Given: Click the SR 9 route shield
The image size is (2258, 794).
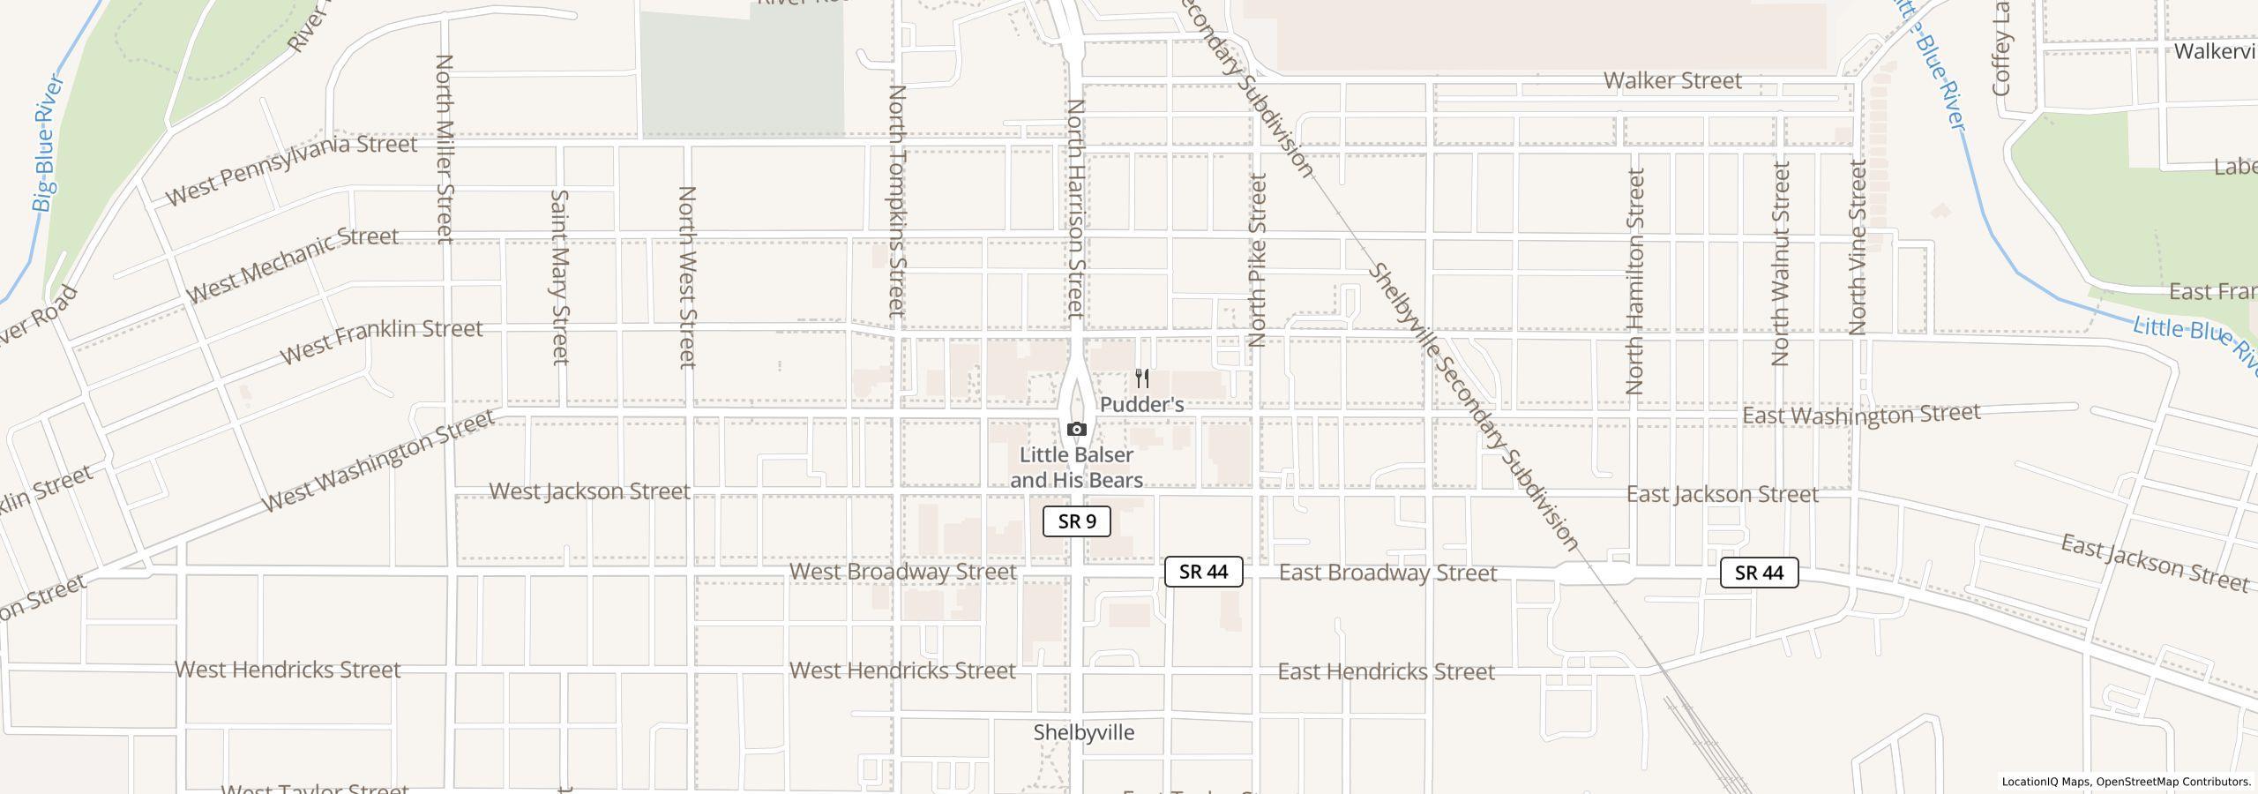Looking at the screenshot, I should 1076,521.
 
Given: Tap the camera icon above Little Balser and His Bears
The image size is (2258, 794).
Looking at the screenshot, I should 1076,430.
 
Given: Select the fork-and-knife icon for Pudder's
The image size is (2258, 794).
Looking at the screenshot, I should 1142,378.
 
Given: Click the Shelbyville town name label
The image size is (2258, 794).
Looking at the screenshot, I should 1083,732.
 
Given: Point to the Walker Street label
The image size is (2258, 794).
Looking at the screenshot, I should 1672,80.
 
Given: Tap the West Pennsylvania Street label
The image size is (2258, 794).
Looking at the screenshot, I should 291,169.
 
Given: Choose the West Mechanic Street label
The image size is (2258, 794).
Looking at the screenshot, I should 293,263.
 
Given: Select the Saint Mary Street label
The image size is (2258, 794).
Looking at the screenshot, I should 559,276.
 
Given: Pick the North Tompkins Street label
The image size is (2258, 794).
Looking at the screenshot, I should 897,201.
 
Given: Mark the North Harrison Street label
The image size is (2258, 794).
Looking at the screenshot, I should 1075,207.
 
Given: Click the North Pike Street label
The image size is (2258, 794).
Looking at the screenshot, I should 1258,260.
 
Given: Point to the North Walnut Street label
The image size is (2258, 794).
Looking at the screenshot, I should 1781,263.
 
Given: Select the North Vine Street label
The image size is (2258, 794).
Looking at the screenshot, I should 1858,247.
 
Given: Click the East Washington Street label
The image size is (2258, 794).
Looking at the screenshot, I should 1861,415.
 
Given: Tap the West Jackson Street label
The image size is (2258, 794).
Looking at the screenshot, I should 589,491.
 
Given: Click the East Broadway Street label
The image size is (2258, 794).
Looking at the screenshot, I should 1387,573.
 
